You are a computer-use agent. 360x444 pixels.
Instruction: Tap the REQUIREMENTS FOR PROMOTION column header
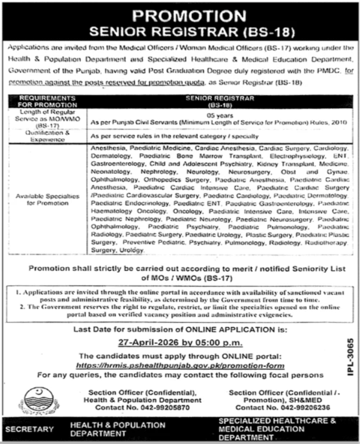coord(47,101)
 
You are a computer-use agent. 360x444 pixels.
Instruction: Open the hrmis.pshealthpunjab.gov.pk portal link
coord(181,366)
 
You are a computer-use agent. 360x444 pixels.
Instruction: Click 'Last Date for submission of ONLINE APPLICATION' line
coord(181,330)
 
